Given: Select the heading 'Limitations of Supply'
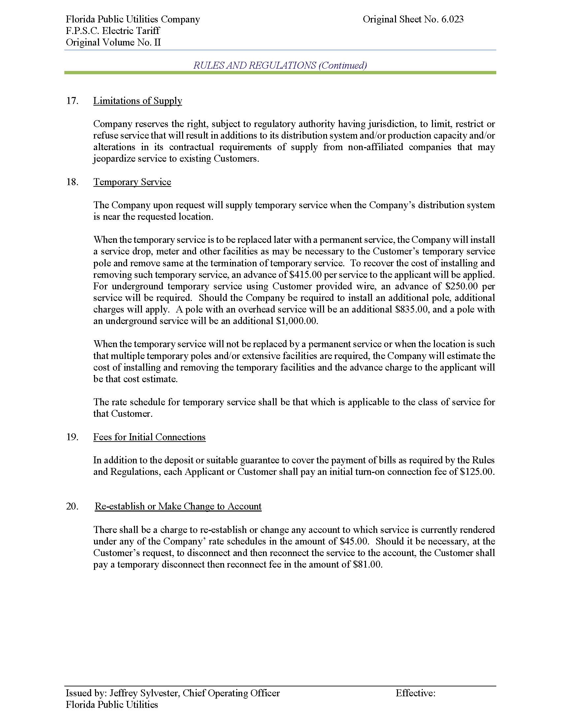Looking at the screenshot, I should (x=138, y=101).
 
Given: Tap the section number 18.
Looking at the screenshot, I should (x=72, y=182).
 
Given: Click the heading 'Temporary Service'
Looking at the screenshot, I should (x=132, y=182).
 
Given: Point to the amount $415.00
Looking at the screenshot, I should (x=306, y=275).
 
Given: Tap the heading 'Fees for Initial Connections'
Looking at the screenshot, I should (x=149, y=437).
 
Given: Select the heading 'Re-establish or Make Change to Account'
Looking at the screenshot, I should (x=178, y=506).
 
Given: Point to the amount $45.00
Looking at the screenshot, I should (x=354, y=541).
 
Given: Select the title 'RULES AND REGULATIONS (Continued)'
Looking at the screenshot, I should (x=280, y=65).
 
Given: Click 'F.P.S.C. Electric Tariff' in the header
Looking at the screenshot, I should (x=113, y=31).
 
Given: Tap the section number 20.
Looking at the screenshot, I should (x=72, y=506).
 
